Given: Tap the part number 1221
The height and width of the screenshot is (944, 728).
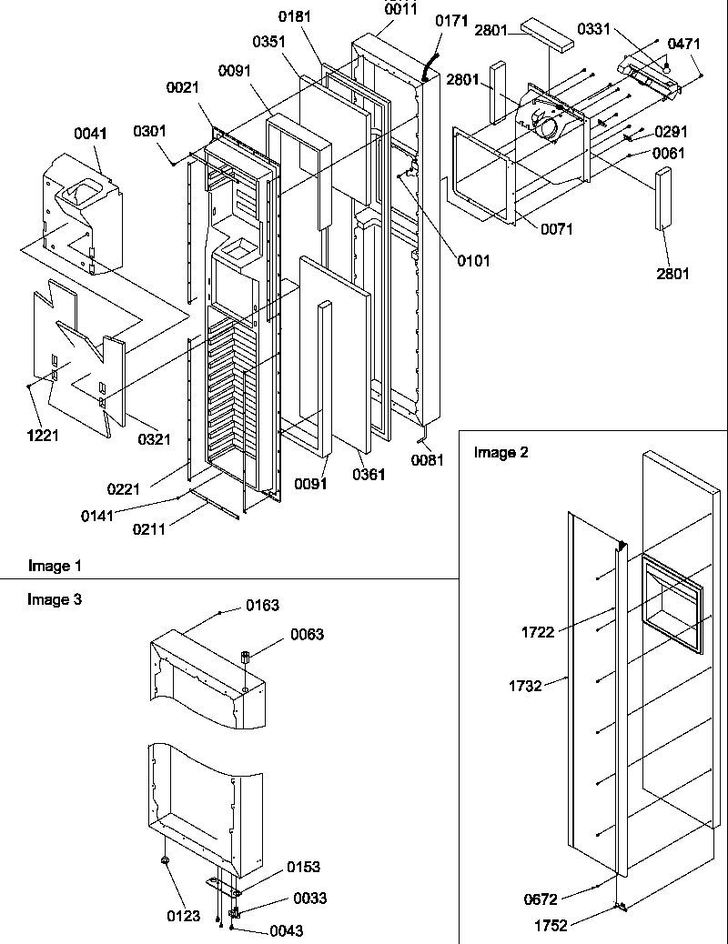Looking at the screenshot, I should pos(43,436).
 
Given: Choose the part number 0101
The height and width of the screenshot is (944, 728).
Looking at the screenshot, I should pos(473,261).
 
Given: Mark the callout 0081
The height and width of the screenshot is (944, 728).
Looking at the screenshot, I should pos(428,460).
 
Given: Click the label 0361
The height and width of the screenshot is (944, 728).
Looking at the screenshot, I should pos(369,475).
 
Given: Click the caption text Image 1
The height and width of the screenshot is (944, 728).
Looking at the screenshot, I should pos(55,566).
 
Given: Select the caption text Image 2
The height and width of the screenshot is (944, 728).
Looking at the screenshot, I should pos(500,452).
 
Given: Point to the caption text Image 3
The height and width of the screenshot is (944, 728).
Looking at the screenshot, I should pos(55,599).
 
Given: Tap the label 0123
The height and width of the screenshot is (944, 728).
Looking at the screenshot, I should pos(185,916).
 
